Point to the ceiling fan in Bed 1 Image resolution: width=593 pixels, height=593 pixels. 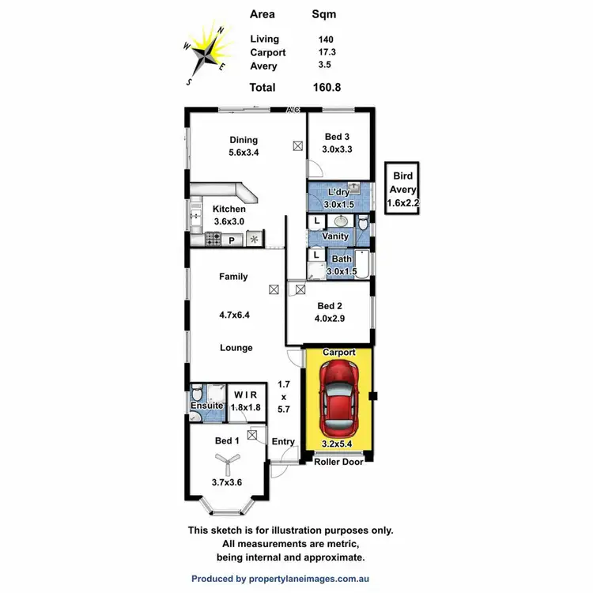click(226, 463)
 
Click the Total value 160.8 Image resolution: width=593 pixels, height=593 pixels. click(327, 88)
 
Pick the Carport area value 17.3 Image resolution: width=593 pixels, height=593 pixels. click(325, 53)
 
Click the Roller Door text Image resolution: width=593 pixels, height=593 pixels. click(339, 462)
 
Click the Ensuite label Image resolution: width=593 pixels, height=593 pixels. click(206, 406)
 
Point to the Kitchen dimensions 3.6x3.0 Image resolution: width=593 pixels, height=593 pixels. click(229, 221)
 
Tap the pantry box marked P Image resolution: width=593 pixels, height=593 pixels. click(232, 239)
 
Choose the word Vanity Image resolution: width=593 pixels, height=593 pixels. click(336, 236)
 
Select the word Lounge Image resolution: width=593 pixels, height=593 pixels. click(236, 348)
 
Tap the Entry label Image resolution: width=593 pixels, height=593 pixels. click(283, 442)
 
